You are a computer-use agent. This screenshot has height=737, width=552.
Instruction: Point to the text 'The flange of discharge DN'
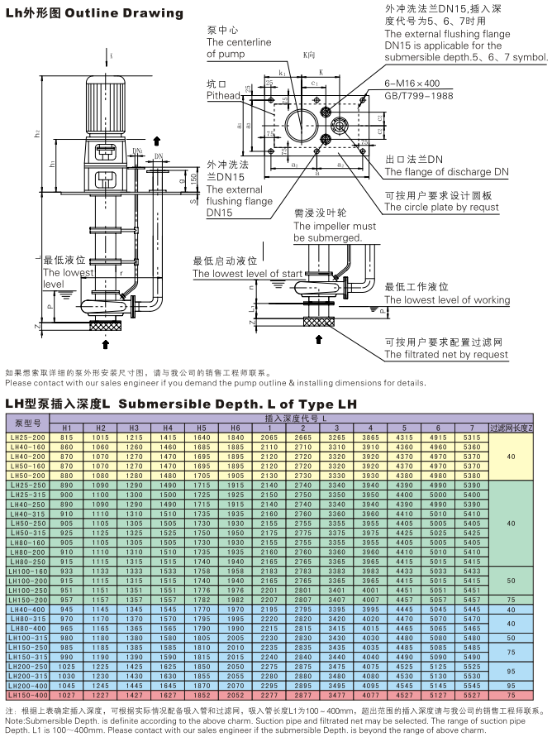point(446,172)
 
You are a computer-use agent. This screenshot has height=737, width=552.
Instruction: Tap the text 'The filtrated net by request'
point(446,355)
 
